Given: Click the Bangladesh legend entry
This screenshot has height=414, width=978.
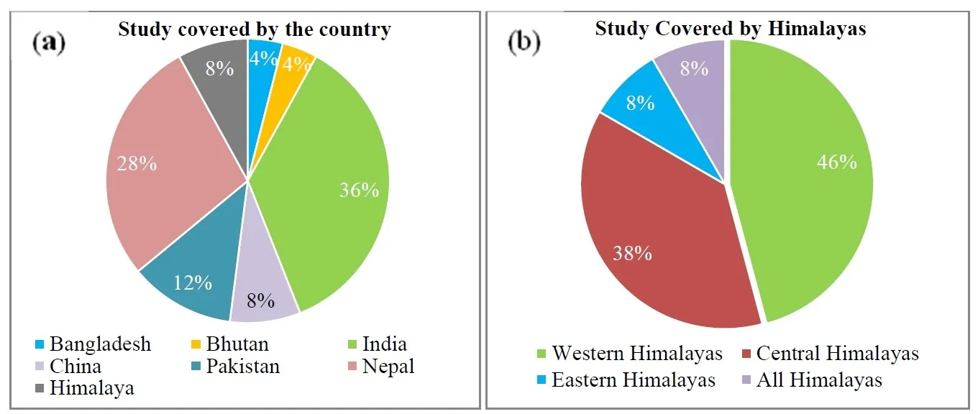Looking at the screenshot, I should point(100,344).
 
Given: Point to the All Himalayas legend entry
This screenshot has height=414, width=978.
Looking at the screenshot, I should point(818,379).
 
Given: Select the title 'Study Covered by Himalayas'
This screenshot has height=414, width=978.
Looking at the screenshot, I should point(730,29).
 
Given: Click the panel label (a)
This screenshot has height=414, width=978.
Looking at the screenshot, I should point(49,42).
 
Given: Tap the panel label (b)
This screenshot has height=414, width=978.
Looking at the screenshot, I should point(524,42).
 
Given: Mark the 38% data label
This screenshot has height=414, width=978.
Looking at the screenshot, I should point(632,253).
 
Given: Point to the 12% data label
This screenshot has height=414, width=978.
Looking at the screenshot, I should point(192,282).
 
